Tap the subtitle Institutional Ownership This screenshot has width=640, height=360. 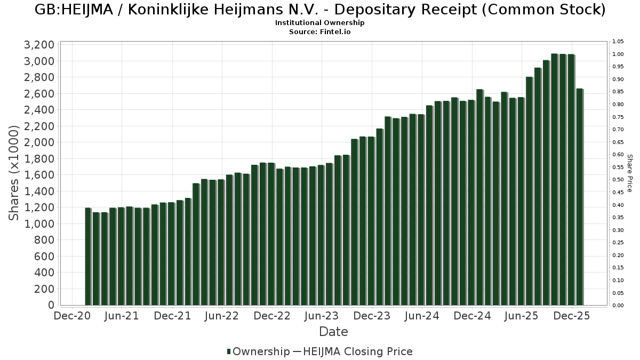point(320,23)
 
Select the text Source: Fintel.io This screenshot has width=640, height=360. point(320,31)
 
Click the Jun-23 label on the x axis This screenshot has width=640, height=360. point(322,316)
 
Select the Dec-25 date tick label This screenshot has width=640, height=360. point(572,316)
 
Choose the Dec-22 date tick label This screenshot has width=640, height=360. point(272,316)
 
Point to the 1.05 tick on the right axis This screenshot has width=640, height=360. point(618,42)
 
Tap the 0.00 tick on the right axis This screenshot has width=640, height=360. point(618,306)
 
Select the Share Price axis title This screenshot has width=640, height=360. point(629,173)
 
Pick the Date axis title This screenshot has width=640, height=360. point(333,332)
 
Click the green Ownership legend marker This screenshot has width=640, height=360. point(229,351)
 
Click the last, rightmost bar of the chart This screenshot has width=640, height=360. point(579,197)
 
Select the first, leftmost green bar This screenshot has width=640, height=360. point(88,257)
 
